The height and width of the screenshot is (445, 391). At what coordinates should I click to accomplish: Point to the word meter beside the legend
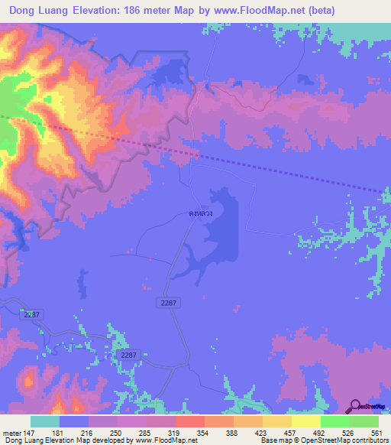pos(12,432)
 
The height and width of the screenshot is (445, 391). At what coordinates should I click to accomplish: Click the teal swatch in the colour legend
pos(45,421)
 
